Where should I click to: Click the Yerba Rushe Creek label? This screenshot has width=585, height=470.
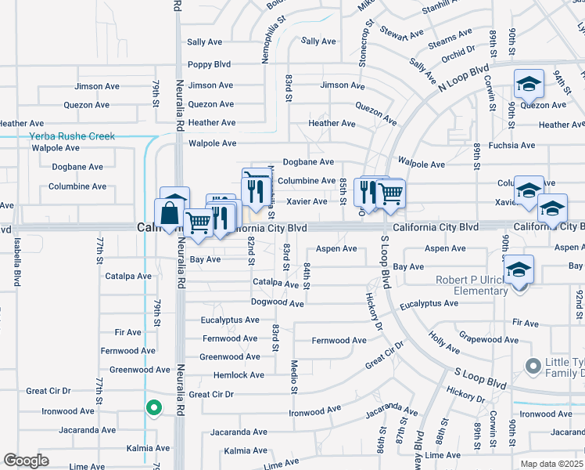click(72, 136)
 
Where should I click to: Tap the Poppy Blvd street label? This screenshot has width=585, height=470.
click(209, 65)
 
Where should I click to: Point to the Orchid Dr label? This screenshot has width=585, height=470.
click(458, 52)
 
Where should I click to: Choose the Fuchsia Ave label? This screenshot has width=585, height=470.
click(511, 145)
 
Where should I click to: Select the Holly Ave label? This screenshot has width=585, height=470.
click(444, 342)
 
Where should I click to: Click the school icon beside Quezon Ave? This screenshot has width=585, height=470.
click(529, 84)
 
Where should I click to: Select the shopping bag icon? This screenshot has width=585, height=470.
click(170, 213)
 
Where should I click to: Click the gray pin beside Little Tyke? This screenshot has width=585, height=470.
click(534, 366)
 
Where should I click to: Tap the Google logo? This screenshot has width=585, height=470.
click(26, 461)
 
